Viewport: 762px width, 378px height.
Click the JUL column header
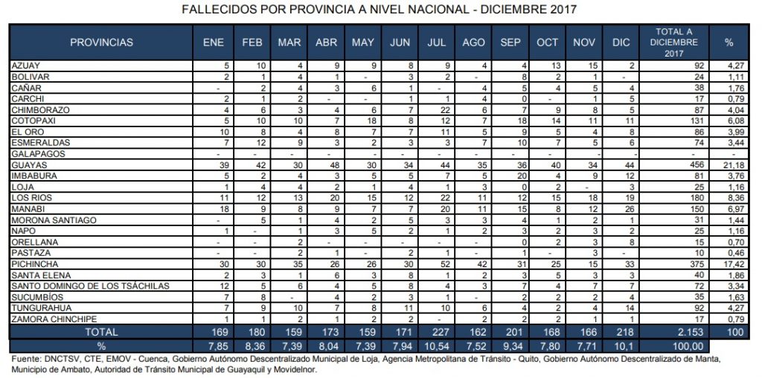coord(437,42)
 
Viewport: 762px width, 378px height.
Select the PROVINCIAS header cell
coord(101,42)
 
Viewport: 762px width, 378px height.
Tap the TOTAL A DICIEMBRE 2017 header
coord(673,42)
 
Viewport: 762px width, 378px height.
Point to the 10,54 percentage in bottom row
coord(437,345)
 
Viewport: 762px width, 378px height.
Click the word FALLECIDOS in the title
coord(218,10)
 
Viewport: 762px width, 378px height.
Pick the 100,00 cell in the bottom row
coord(673,345)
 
